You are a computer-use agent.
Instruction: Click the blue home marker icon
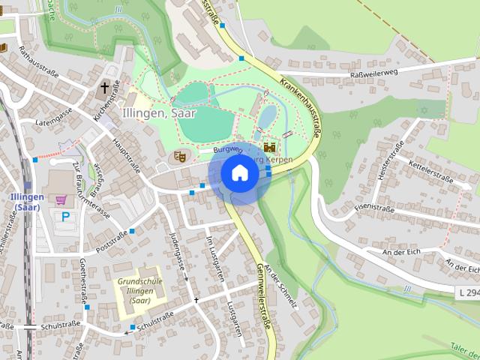pos(239,172)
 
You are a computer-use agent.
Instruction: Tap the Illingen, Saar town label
pos(158,113)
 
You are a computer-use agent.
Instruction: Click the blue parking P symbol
pos(65,216)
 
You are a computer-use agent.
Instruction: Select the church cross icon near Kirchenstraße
pos(105,88)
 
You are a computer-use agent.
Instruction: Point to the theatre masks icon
pos(179,156)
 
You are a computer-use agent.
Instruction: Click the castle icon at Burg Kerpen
pos(269,148)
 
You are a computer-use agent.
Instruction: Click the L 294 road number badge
pos(467,291)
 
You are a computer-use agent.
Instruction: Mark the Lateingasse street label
pos(52,114)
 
